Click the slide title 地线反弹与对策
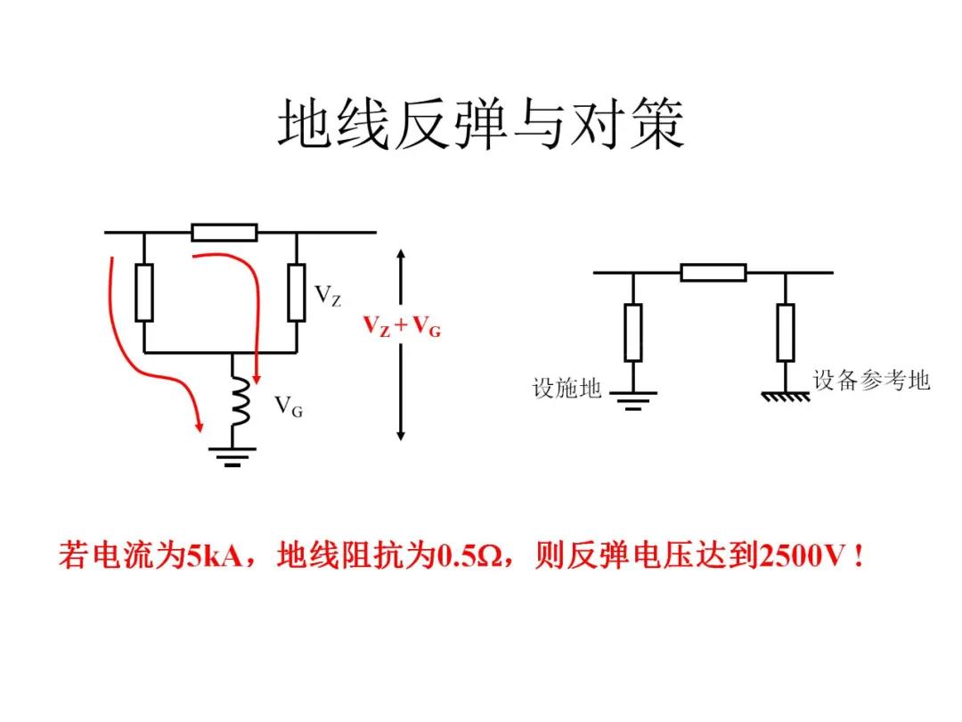[481, 125]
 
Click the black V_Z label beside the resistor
[327, 295]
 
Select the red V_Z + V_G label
[401, 327]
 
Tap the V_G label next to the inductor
[288, 407]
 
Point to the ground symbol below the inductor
[232, 455]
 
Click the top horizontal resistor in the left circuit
[224, 233]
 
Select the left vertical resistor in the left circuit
[144, 292]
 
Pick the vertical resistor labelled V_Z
[297, 292]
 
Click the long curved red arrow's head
[198, 427]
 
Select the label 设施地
[567, 389]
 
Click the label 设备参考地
[871, 380]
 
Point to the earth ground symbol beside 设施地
[632, 398]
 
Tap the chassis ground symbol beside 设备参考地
[786, 394]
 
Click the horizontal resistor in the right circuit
[713, 273]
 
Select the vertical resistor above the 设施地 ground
[632, 332]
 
